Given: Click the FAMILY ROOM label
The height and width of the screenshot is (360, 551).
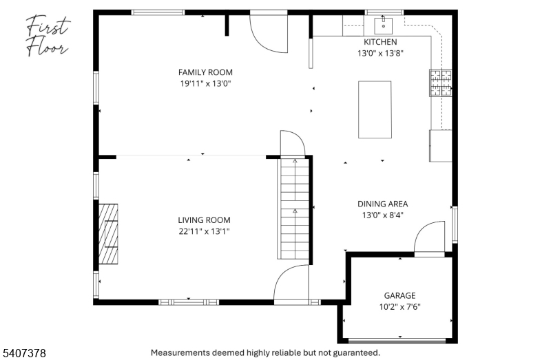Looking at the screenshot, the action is click(205, 72).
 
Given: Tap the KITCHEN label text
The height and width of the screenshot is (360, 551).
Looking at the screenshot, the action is click(380, 42).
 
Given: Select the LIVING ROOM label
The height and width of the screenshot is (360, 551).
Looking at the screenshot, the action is click(204, 220).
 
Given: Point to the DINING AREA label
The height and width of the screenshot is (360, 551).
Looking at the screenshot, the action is click(383, 204).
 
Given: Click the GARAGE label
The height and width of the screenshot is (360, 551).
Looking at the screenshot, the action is click(399, 296).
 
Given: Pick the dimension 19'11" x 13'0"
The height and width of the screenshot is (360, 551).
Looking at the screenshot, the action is click(205, 83).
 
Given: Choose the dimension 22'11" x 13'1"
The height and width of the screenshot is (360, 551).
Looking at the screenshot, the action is click(204, 231).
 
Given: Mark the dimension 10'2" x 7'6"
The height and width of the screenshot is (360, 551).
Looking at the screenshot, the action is click(400, 307).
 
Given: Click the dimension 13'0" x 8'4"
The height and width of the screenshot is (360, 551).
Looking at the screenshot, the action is click(383, 215).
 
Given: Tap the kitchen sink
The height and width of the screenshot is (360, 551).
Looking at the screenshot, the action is click(384, 25).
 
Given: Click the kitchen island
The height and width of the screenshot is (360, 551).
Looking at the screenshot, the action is click(375, 109).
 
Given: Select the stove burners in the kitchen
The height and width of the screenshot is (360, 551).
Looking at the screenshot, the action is click(441, 83).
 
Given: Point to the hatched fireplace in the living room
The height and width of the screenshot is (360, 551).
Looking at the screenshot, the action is click(108, 234).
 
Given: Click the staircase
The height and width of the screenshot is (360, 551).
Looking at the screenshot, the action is click(294, 209).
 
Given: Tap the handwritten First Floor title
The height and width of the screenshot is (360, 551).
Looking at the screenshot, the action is click(48, 36).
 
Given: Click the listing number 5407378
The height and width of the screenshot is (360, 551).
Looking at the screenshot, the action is click(24, 353).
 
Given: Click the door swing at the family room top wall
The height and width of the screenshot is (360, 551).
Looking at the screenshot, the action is click(269, 33).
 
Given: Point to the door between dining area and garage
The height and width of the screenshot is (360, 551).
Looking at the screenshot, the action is click(429, 237).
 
